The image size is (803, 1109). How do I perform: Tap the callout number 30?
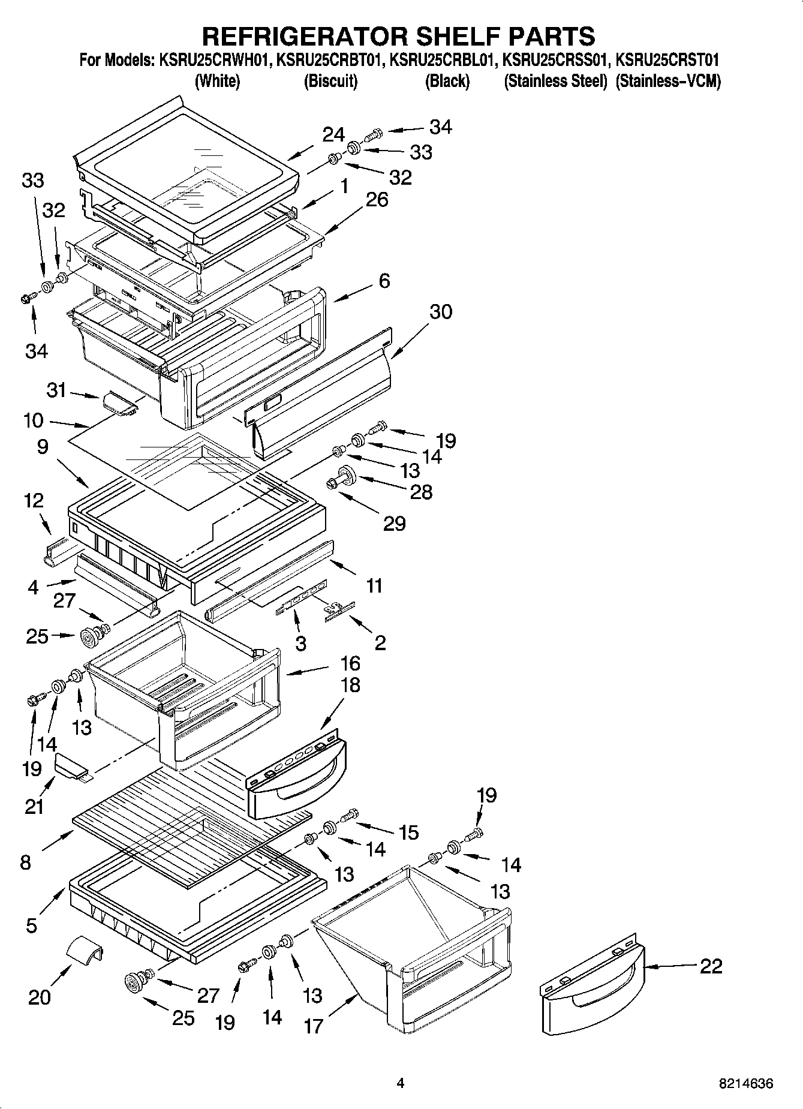click(x=441, y=311)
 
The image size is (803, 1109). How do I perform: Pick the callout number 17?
click(x=314, y=1026)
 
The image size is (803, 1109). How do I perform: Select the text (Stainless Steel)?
click(x=555, y=81)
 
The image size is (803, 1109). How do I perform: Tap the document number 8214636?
click(x=746, y=1084)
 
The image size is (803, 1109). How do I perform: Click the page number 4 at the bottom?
click(x=401, y=1083)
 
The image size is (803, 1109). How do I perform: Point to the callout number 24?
click(x=333, y=134)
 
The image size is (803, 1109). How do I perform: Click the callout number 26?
click(x=377, y=199)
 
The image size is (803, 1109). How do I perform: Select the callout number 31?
click(x=56, y=390)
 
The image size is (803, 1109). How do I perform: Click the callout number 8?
click(x=25, y=862)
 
